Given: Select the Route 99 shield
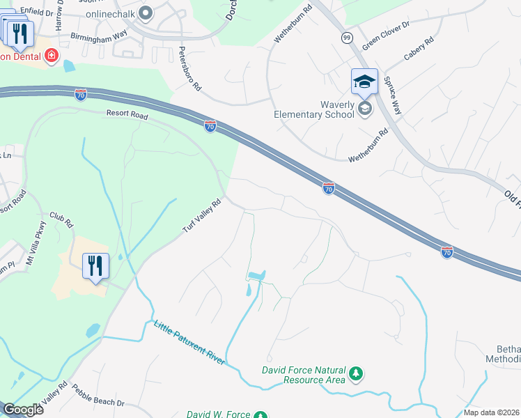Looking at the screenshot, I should pyautogui.click(x=347, y=37).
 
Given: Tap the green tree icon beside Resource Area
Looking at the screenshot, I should pyautogui.click(x=356, y=374).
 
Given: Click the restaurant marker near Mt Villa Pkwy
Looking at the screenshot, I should pyautogui.click(x=96, y=266).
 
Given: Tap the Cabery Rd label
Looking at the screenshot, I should pyautogui.click(x=419, y=51).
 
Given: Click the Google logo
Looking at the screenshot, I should pyautogui.click(x=24, y=410).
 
